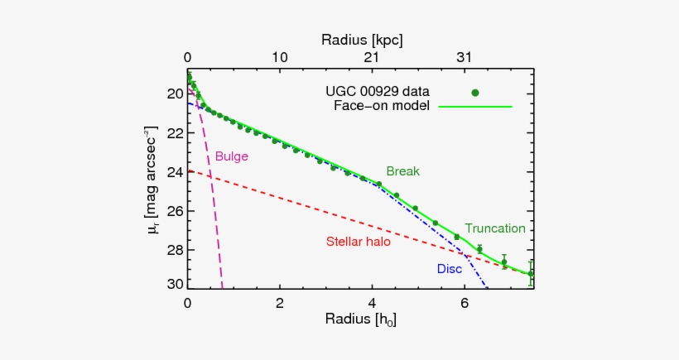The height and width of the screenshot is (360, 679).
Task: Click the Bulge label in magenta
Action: tap(232, 156)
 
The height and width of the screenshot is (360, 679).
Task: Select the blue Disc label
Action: tap(450, 269)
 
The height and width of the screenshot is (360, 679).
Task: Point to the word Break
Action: tap(402, 171)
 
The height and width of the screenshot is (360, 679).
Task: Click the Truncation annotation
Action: tap(495, 228)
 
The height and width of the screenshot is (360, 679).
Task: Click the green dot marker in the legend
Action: tap(475, 93)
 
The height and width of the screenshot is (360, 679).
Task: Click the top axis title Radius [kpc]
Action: tap(361, 40)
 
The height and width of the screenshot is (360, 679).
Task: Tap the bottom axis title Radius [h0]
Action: tap(361, 319)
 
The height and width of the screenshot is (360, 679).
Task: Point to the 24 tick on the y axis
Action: tap(173, 172)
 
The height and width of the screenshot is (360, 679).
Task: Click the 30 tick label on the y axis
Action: tap(173, 284)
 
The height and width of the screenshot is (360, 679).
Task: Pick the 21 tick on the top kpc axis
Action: tap(372, 58)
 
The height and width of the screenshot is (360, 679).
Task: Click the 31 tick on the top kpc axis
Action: tap(464, 58)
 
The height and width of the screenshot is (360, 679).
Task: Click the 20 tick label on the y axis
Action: tap(173, 94)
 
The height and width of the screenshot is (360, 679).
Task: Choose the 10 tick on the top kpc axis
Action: tap(280, 58)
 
